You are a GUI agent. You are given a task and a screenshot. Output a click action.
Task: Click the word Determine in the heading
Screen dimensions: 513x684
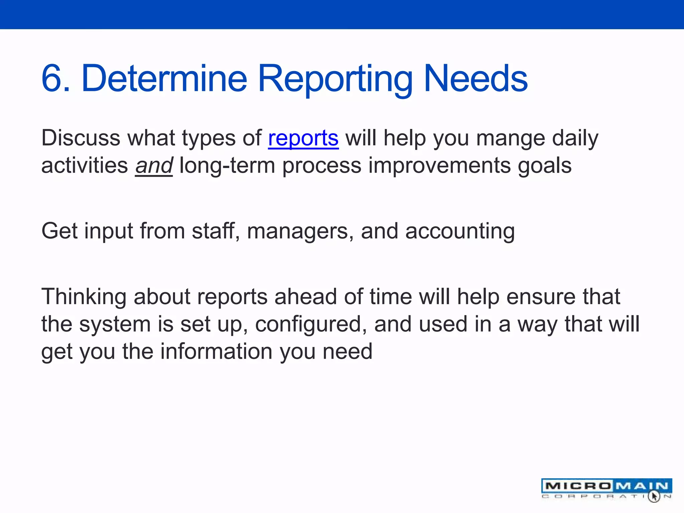[x=164, y=78]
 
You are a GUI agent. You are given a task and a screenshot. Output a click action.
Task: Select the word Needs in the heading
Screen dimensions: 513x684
[x=476, y=78]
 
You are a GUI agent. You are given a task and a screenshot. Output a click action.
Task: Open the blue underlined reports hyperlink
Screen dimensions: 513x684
[x=303, y=138]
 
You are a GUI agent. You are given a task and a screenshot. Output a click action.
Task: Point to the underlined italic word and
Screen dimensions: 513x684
[x=154, y=166]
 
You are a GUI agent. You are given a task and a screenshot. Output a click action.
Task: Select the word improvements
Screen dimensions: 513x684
[x=439, y=166]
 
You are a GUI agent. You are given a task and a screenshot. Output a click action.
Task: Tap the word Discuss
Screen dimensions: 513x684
[x=80, y=138]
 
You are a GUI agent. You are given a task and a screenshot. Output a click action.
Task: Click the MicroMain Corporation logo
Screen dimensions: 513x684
[x=606, y=489]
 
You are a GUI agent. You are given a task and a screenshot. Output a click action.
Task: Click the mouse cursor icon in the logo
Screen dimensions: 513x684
[x=654, y=496]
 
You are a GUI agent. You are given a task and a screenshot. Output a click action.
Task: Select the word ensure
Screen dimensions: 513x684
[x=541, y=297]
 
